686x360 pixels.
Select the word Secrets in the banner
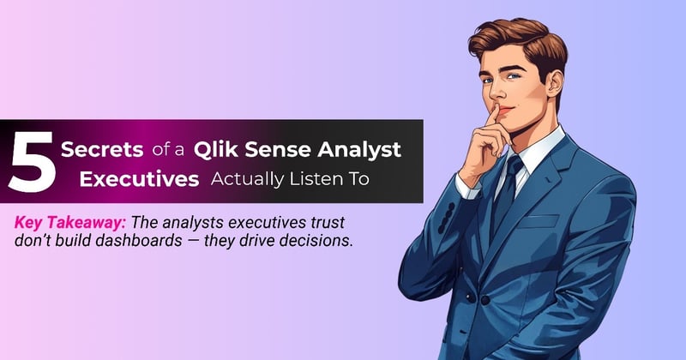[x=101, y=149]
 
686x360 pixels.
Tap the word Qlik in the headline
[x=218, y=149]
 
